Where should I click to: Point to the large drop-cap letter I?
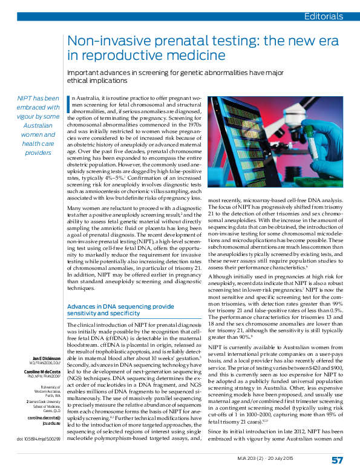[x=68, y=104]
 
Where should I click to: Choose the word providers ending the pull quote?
[x=38, y=152]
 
